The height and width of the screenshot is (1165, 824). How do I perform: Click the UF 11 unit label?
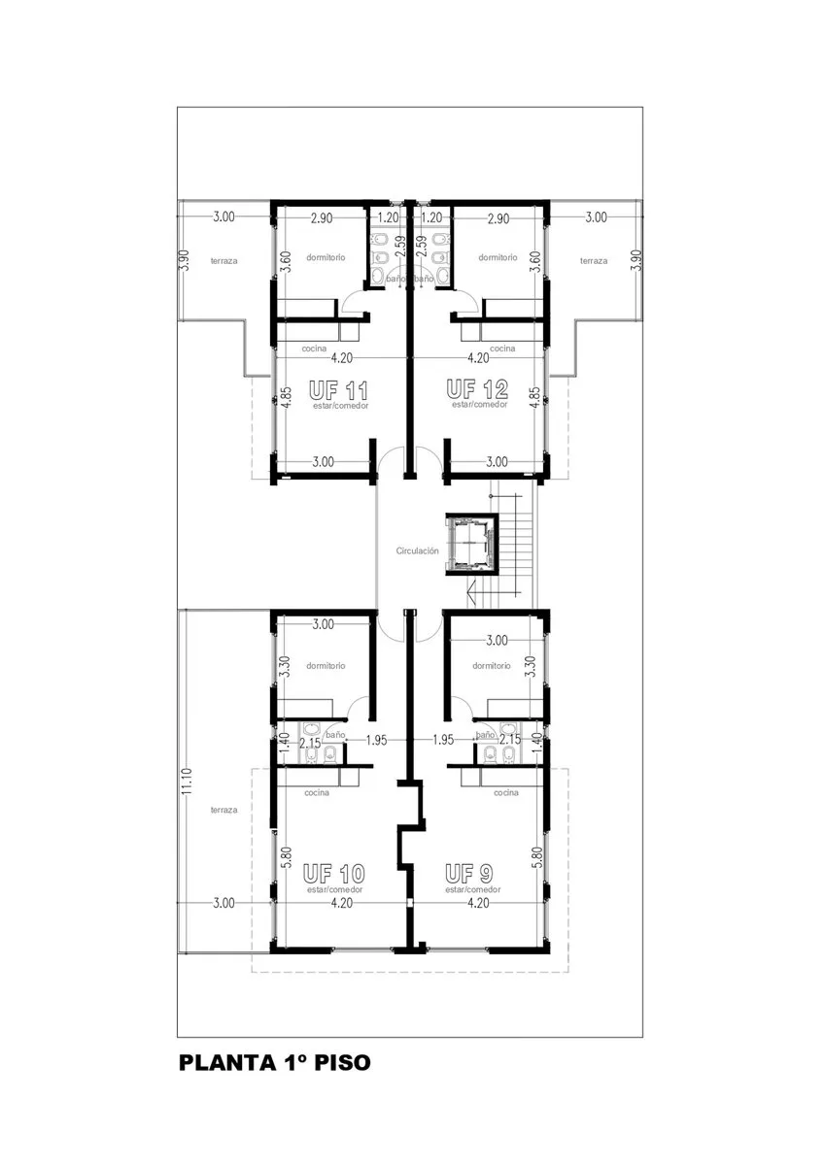pyautogui.click(x=338, y=390)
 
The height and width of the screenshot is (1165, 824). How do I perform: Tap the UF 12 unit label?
pyautogui.click(x=477, y=388)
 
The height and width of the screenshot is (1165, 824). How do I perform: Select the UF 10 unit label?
pyautogui.click(x=333, y=873)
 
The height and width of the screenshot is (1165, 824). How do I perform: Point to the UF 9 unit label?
pyautogui.click(x=469, y=873)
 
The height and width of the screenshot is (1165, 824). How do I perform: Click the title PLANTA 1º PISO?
pyautogui.click(x=275, y=1062)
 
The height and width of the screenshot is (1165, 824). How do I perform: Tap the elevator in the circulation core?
pyautogui.click(x=471, y=544)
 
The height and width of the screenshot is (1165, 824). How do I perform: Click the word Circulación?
pyautogui.click(x=417, y=550)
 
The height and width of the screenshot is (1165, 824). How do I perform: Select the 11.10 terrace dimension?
pyautogui.click(x=188, y=781)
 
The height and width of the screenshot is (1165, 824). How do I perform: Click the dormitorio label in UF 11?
pyautogui.click(x=326, y=257)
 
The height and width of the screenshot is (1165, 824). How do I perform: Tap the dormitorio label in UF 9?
pyautogui.click(x=492, y=666)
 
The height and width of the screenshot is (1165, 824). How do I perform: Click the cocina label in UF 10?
pyautogui.click(x=317, y=792)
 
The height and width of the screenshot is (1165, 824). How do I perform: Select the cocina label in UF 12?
pyautogui.click(x=502, y=349)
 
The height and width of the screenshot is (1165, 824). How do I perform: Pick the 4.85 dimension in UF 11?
pyautogui.click(x=286, y=397)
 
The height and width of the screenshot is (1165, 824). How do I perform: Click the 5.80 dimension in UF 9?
pyautogui.click(x=537, y=858)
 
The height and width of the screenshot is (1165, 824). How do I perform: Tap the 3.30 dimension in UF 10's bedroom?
pyautogui.click(x=284, y=666)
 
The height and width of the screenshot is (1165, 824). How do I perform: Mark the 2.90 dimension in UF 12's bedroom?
pyautogui.click(x=498, y=218)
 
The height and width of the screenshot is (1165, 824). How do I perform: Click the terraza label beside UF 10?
pyautogui.click(x=223, y=810)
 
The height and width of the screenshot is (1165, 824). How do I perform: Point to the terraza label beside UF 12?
pyautogui.click(x=594, y=261)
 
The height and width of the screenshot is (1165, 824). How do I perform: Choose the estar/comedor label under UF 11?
pyautogui.click(x=340, y=406)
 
